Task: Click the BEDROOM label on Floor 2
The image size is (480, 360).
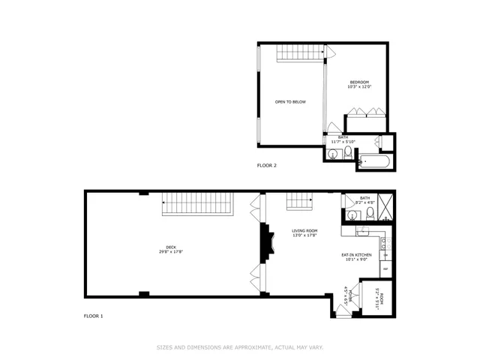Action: point(359,82)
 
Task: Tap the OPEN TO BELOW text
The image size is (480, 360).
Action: point(290,102)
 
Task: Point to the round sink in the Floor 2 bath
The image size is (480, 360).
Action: point(333,154)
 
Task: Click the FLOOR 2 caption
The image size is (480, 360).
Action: point(267,165)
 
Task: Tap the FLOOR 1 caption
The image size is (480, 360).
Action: point(93,316)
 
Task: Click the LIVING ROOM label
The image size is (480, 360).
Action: point(304,231)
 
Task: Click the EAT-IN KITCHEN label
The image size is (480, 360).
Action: point(357,256)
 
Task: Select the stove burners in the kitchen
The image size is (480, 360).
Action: point(385,243)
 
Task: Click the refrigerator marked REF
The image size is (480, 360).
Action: point(385,268)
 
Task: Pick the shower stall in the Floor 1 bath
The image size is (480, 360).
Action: point(385,206)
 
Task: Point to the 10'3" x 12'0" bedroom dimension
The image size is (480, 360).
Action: point(359,87)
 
